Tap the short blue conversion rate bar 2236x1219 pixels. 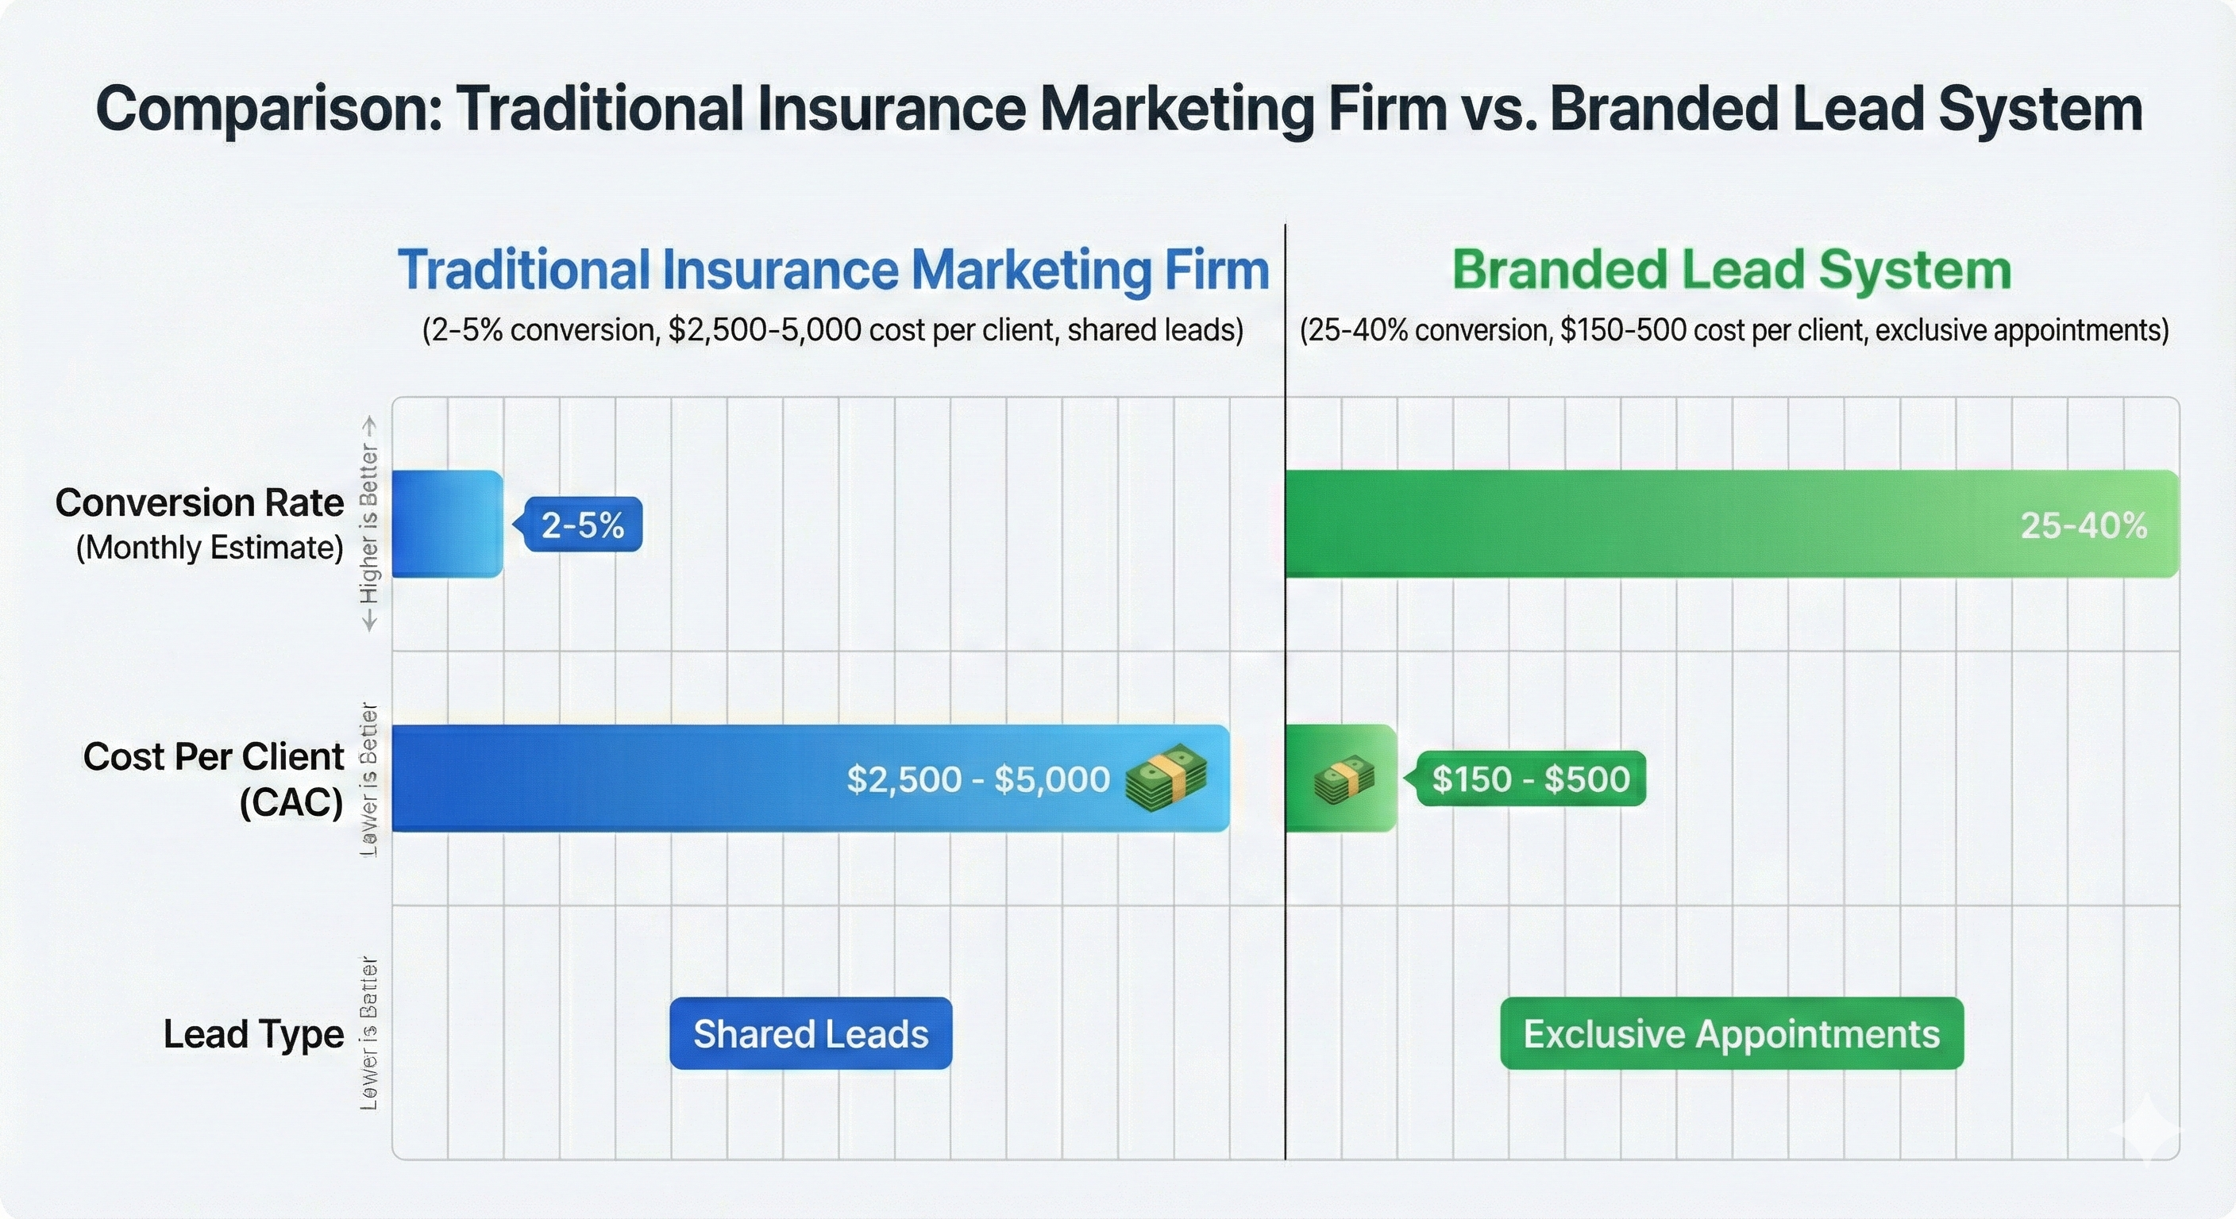[x=447, y=524]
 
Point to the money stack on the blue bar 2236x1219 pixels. [x=1166, y=779]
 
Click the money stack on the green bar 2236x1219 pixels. [x=1344, y=779]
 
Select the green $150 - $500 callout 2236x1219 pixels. [x=1530, y=779]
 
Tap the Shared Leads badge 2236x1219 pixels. [x=811, y=1033]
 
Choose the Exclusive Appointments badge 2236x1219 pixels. [x=1732, y=1033]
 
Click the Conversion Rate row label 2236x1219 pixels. [x=199, y=503]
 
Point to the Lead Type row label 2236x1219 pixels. [x=253, y=1034]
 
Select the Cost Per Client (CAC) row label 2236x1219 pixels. [x=214, y=779]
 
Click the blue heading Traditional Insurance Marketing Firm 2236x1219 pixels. [x=833, y=270]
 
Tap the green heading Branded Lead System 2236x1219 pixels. [x=1732, y=270]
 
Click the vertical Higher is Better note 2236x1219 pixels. [x=370, y=525]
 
